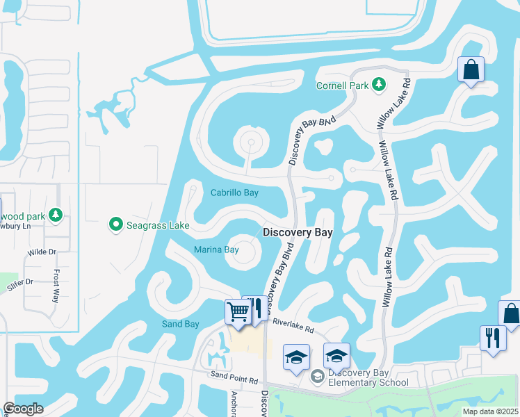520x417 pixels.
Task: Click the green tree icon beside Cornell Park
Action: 378,85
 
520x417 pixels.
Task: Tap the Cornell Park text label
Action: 341,86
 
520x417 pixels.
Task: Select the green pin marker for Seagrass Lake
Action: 116,224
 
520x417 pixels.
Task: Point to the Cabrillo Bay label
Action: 234,193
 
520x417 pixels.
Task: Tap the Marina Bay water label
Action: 216,250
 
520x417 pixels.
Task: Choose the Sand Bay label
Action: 181,324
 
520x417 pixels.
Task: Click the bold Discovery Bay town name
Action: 298,233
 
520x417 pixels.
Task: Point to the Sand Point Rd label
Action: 235,380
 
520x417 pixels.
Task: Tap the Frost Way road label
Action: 56,286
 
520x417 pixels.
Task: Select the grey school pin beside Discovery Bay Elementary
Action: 318,376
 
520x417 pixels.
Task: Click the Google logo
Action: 23,409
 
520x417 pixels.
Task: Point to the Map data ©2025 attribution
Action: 491,411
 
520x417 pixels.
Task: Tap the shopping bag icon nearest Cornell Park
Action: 471,70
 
